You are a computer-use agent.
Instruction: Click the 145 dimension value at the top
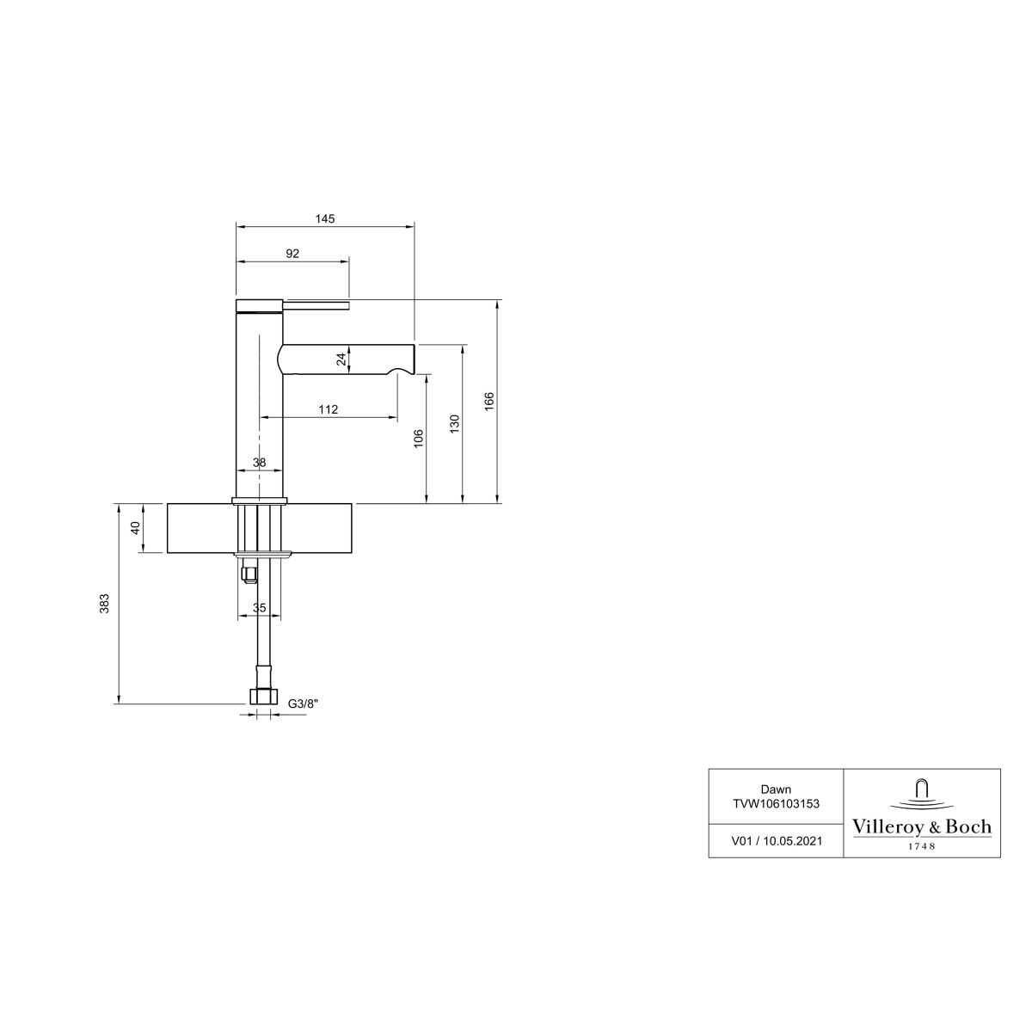tap(324, 218)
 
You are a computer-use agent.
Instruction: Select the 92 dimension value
tap(292, 254)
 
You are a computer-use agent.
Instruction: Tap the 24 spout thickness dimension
tap(341, 359)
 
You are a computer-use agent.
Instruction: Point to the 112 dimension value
tap(329, 409)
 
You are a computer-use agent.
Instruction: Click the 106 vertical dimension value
tap(419, 438)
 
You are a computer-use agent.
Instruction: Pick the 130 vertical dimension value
tap(455, 424)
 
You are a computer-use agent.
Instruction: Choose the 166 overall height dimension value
tap(489, 402)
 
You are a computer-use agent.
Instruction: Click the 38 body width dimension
tap(259, 462)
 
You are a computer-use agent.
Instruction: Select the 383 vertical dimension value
tap(105, 604)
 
